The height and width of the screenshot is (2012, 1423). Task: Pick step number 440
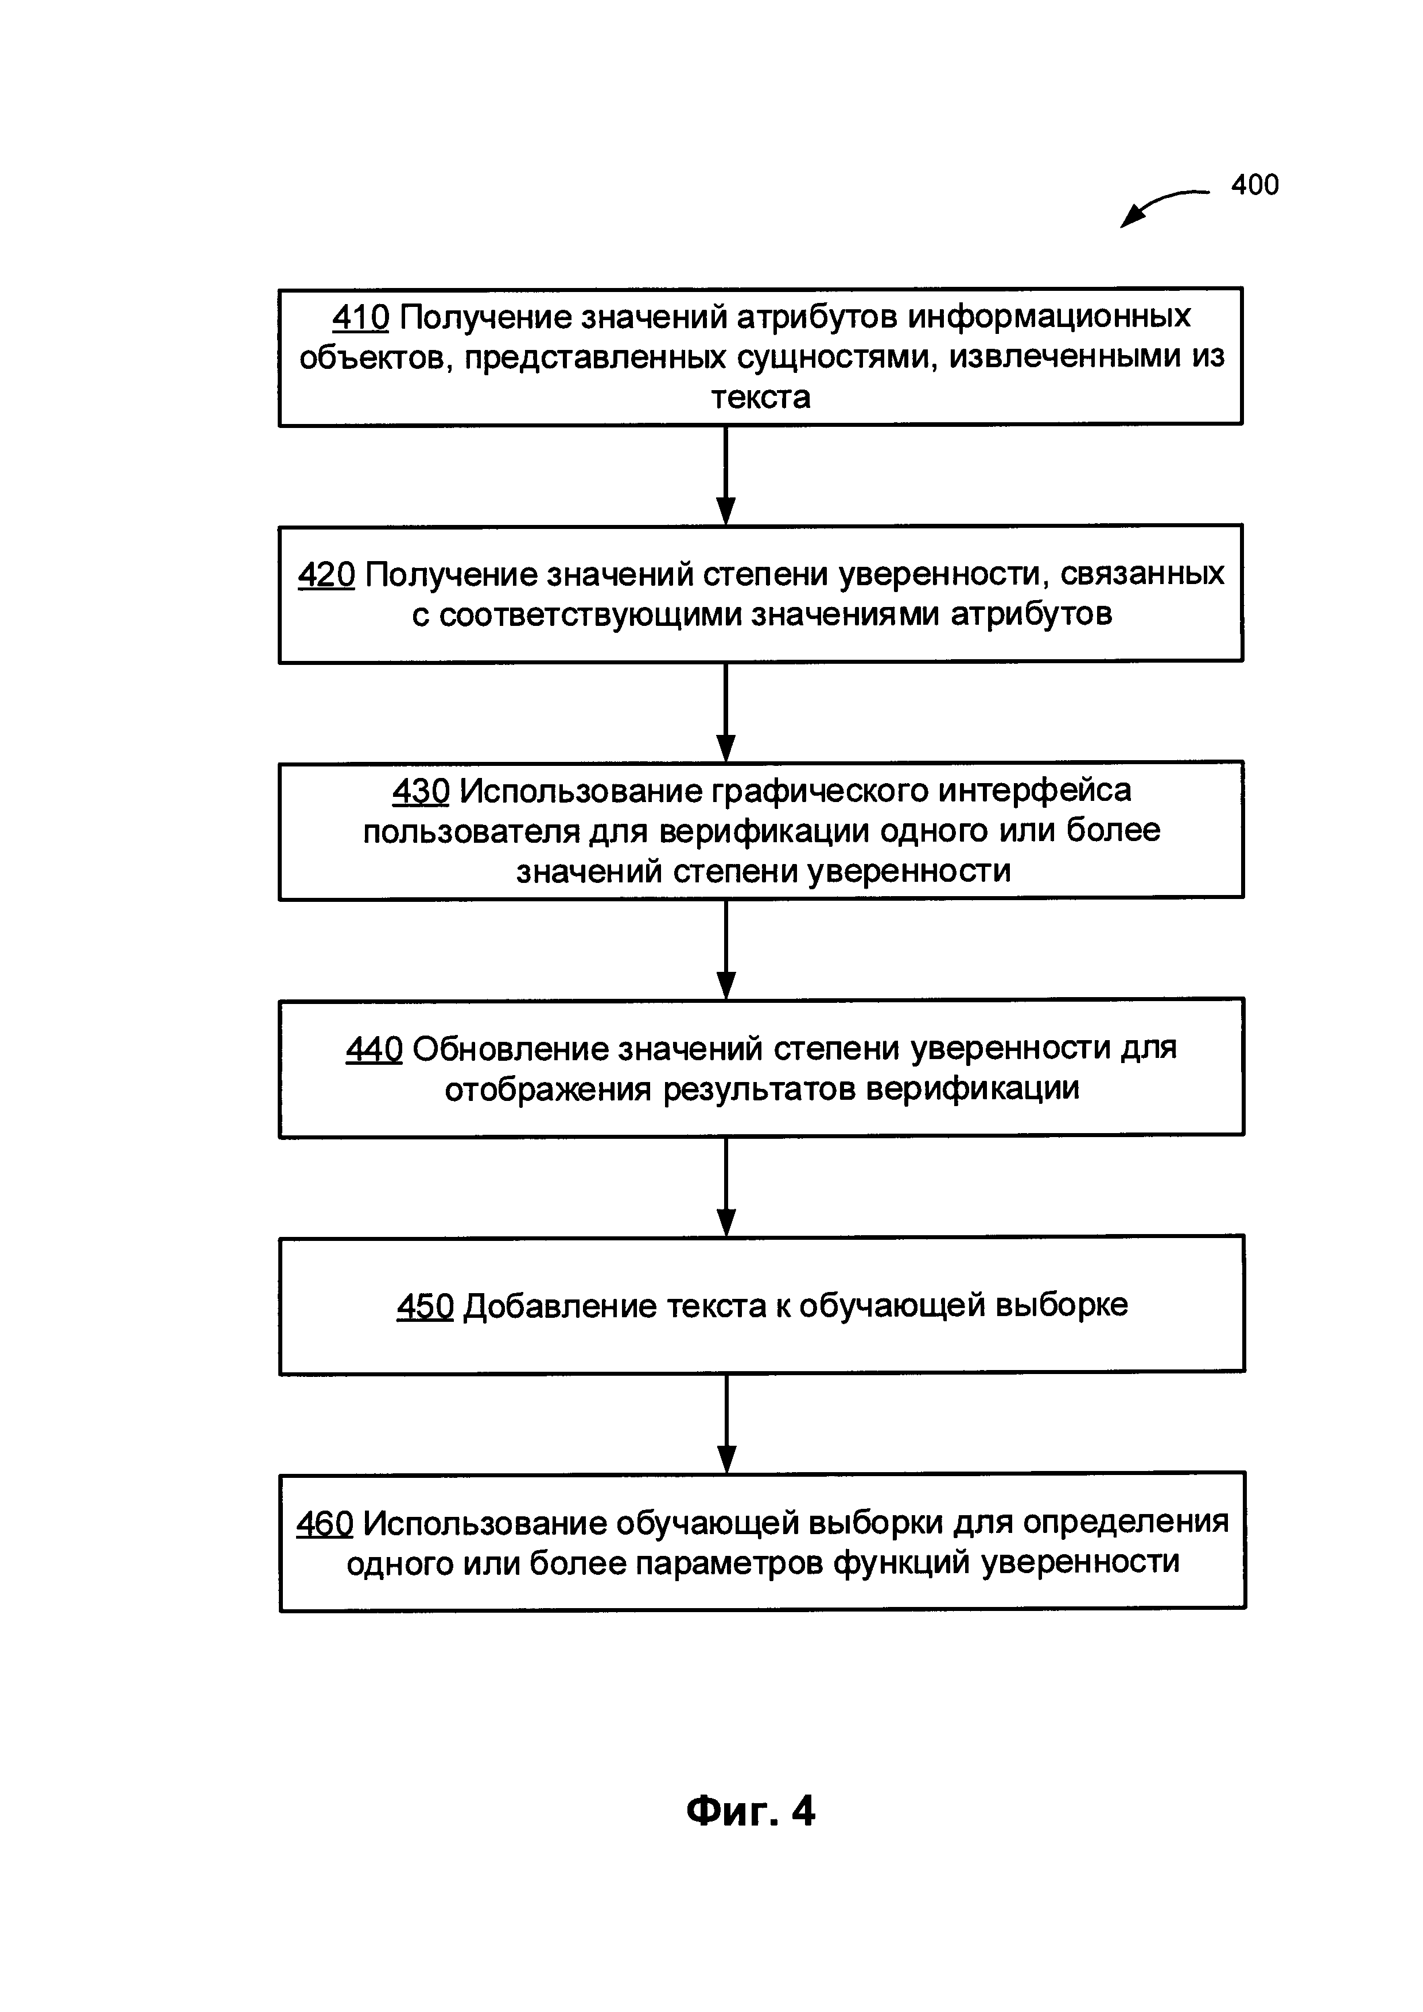[374, 1049]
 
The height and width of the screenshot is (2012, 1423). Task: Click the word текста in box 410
[761, 398]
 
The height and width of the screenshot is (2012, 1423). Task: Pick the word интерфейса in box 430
[1035, 791]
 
